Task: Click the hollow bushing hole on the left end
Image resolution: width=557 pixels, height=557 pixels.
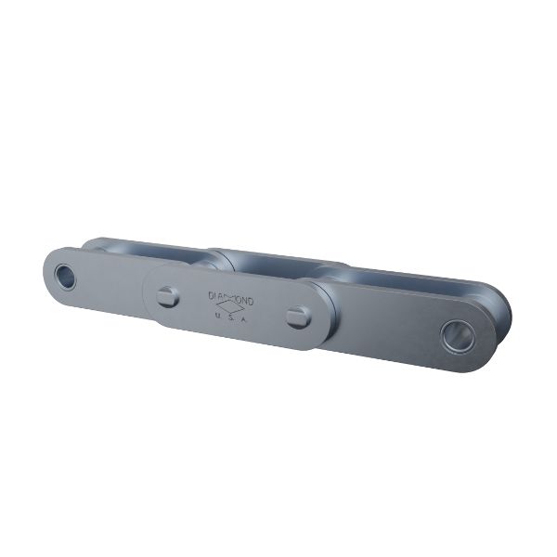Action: (x=64, y=276)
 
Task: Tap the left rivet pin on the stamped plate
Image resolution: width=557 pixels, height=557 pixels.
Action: (x=168, y=296)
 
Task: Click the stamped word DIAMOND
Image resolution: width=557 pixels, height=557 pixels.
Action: (x=237, y=299)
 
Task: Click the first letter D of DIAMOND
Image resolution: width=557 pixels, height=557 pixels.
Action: (x=212, y=294)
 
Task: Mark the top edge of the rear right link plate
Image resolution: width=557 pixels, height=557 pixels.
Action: (x=418, y=276)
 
